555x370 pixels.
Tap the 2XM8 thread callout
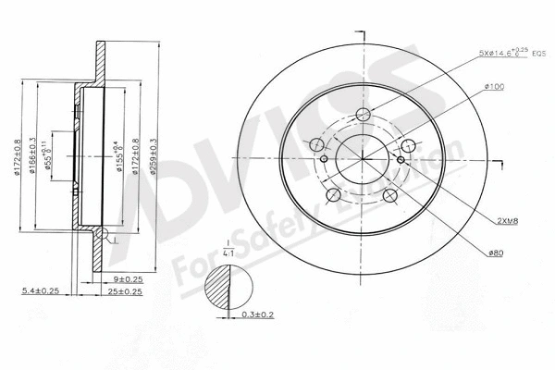pos(507,221)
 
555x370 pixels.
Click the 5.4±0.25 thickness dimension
pos(41,291)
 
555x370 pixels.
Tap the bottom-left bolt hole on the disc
pos(334,195)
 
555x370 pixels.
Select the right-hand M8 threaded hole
pos(400,159)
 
